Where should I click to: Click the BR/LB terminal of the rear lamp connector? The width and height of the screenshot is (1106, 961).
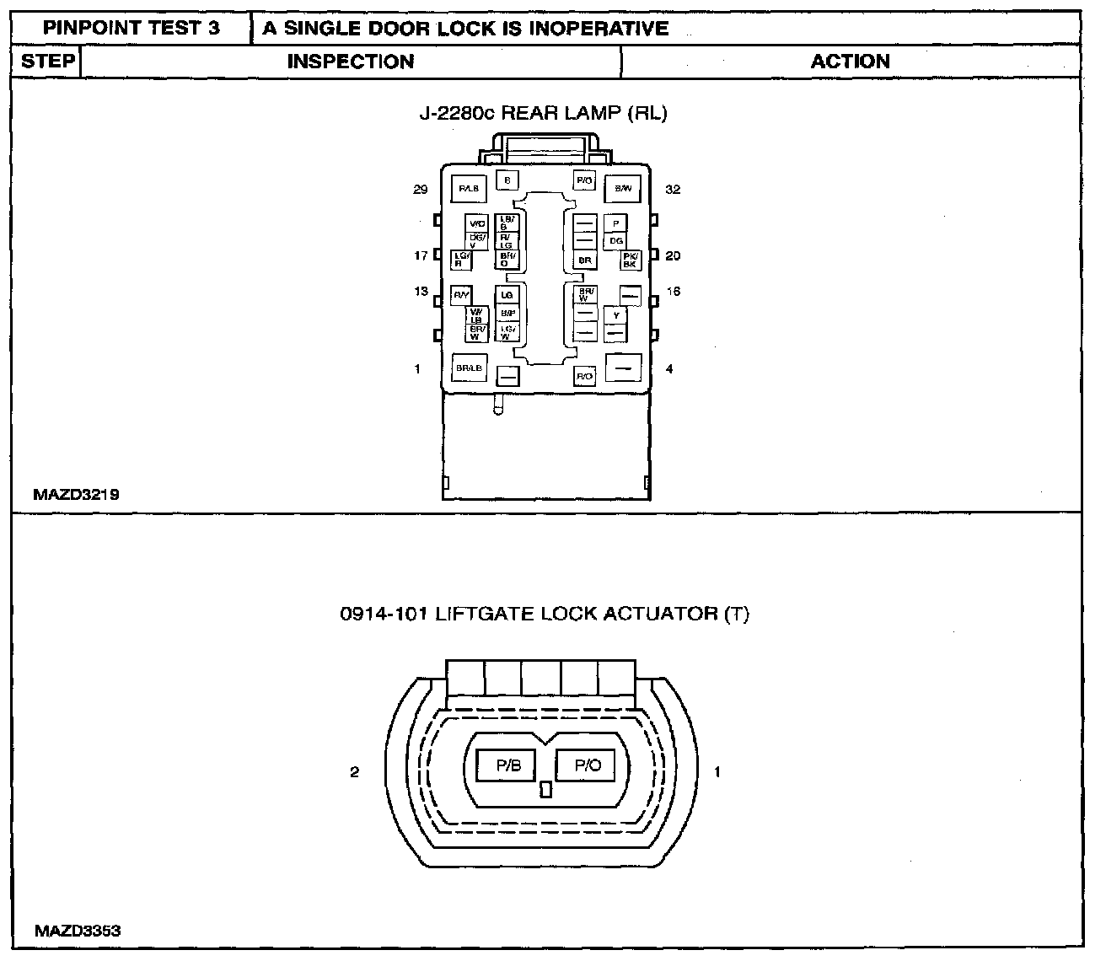(470, 368)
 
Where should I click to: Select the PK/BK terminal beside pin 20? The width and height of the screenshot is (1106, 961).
(630, 260)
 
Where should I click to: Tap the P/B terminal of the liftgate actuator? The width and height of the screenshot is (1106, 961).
(508, 765)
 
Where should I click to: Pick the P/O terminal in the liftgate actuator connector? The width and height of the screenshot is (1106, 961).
(587, 765)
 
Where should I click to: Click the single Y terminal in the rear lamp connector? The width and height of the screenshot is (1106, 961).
(616, 315)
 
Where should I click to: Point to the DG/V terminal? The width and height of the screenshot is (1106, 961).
(477, 240)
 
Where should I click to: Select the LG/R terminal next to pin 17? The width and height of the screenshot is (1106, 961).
(461, 260)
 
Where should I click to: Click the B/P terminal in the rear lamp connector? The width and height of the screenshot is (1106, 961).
(507, 313)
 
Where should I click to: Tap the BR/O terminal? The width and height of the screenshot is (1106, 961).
(507, 260)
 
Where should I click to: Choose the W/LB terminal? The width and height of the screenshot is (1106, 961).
(477, 315)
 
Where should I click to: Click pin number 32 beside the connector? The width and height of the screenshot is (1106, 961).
(672, 190)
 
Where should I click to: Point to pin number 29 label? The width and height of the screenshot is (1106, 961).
(420, 190)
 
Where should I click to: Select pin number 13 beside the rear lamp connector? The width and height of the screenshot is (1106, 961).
(421, 292)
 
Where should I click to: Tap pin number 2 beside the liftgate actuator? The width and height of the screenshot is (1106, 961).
(355, 771)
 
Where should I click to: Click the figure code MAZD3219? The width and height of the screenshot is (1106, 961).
(76, 495)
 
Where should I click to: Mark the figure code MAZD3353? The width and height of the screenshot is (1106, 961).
(78, 931)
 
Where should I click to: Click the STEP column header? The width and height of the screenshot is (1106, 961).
(47, 62)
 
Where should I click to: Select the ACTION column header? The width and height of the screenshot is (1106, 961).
(850, 62)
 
